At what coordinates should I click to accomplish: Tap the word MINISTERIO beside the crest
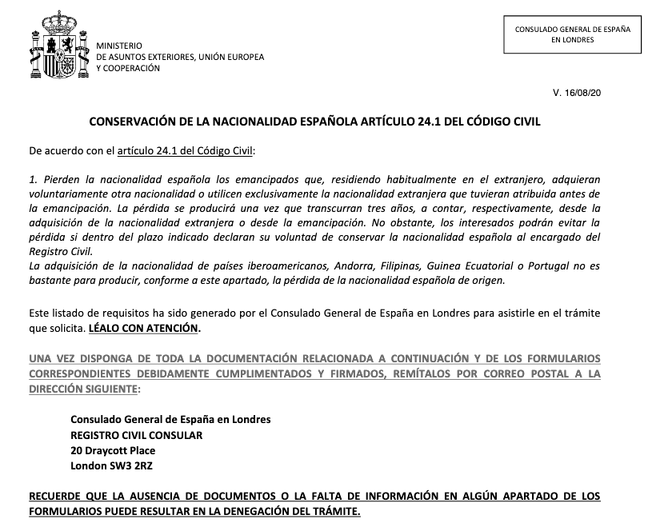tap(119, 47)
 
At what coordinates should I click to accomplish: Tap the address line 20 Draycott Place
tap(113, 450)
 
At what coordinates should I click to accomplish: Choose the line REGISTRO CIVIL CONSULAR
tap(136, 435)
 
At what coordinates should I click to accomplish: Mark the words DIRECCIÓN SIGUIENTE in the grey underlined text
tap(82, 388)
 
